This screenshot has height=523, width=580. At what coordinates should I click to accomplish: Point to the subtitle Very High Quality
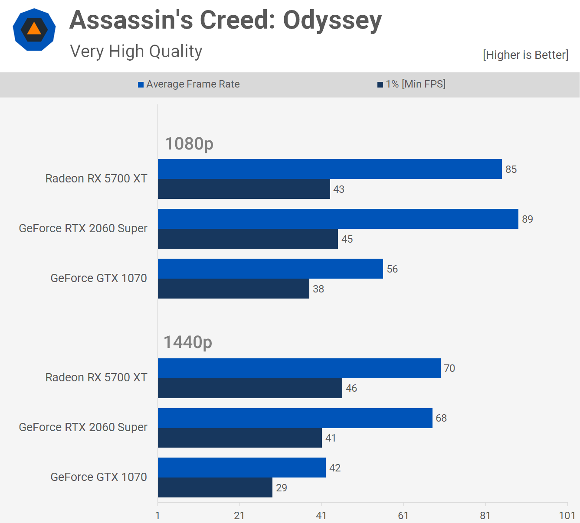tap(136, 51)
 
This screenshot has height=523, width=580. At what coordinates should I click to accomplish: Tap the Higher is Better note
tap(525, 55)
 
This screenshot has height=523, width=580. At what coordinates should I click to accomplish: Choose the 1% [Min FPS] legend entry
tap(411, 84)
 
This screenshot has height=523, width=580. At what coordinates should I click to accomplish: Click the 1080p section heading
tap(189, 143)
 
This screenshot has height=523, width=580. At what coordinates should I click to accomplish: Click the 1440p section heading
tap(188, 342)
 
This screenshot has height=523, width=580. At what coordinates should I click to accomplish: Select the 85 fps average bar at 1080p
tap(330, 169)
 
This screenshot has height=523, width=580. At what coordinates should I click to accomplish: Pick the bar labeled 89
tap(338, 219)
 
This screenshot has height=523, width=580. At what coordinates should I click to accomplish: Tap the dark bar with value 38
tap(233, 289)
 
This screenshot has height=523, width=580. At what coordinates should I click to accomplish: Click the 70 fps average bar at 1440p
tap(299, 368)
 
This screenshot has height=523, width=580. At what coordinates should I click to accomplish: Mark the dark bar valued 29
tap(215, 487)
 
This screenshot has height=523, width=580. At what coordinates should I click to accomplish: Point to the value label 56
tap(392, 269)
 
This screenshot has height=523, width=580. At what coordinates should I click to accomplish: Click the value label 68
tap(441, 418)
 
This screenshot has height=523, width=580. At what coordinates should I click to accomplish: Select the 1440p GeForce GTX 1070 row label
tap(98, 477)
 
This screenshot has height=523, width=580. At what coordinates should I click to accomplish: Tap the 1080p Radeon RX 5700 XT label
tap(96, 179)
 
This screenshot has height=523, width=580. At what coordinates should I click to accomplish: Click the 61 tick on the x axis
tap(403, 515)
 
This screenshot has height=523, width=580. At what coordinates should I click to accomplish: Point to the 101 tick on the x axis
tap(567, 515)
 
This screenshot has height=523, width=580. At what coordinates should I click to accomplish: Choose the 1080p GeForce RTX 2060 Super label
tap(83, 228)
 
